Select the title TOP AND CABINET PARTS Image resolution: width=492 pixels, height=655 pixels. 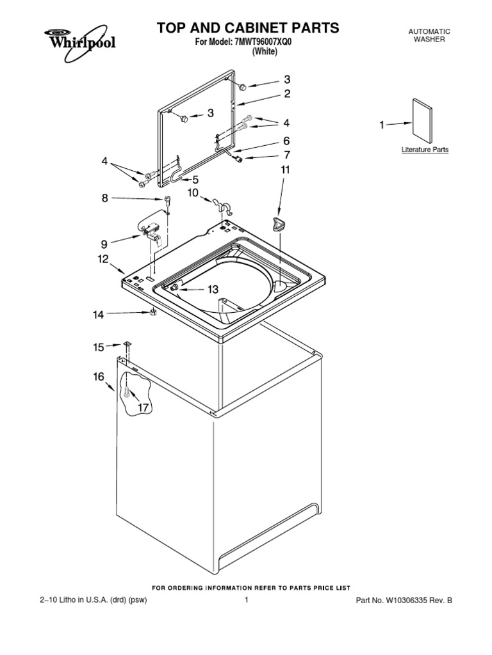click(248, 28)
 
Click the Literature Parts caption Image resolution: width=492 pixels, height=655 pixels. click(425, 150)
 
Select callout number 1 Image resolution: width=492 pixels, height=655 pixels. click(382, 125)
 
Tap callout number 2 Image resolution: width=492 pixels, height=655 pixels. click(288, 93)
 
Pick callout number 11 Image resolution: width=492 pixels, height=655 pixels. click(285, 170)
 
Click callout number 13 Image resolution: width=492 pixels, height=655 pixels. click(213, 289)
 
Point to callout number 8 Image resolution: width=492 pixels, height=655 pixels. click(106, 198)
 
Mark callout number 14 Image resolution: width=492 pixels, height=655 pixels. click(98, 314)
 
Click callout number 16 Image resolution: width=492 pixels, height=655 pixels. click(98, 377)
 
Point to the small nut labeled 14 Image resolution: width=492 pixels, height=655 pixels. click(154, 312)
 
